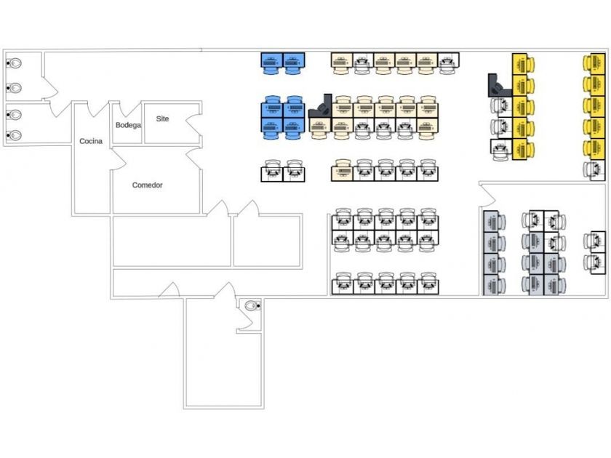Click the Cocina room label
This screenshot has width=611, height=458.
[90, 141]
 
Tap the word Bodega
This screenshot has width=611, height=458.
[128, 125]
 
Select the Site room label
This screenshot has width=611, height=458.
[162, 118]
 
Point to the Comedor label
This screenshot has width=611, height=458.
[147, 185]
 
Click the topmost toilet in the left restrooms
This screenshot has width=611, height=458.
[15, 64]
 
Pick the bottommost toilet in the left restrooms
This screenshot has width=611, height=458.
[15, 135]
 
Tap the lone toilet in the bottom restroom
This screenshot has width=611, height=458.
[252, 305]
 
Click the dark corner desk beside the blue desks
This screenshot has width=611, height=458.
[319, 110]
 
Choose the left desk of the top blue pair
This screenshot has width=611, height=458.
[272, 63]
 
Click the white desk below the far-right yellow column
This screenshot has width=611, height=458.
[594, 170]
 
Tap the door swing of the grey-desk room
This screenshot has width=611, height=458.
[487, 194]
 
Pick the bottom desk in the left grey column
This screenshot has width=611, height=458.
[495, 284]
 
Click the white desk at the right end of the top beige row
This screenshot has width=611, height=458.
[448, 63]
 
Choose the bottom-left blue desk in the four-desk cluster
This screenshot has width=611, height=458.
[272, 128]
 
